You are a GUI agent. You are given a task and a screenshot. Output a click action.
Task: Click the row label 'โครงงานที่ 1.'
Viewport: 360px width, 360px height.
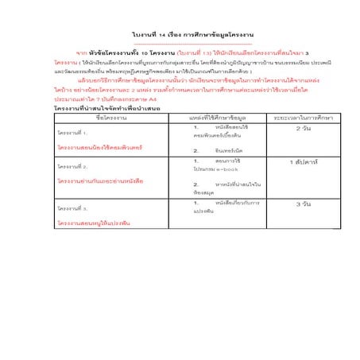pos(72,134)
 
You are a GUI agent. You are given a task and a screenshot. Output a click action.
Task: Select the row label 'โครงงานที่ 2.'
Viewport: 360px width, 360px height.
pos(72,168)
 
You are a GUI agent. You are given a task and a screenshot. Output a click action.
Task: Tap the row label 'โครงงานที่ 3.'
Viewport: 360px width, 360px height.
pos(72,208)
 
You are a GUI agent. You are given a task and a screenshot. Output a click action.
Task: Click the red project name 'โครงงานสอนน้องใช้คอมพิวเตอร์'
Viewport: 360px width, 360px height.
pos(99,147)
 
